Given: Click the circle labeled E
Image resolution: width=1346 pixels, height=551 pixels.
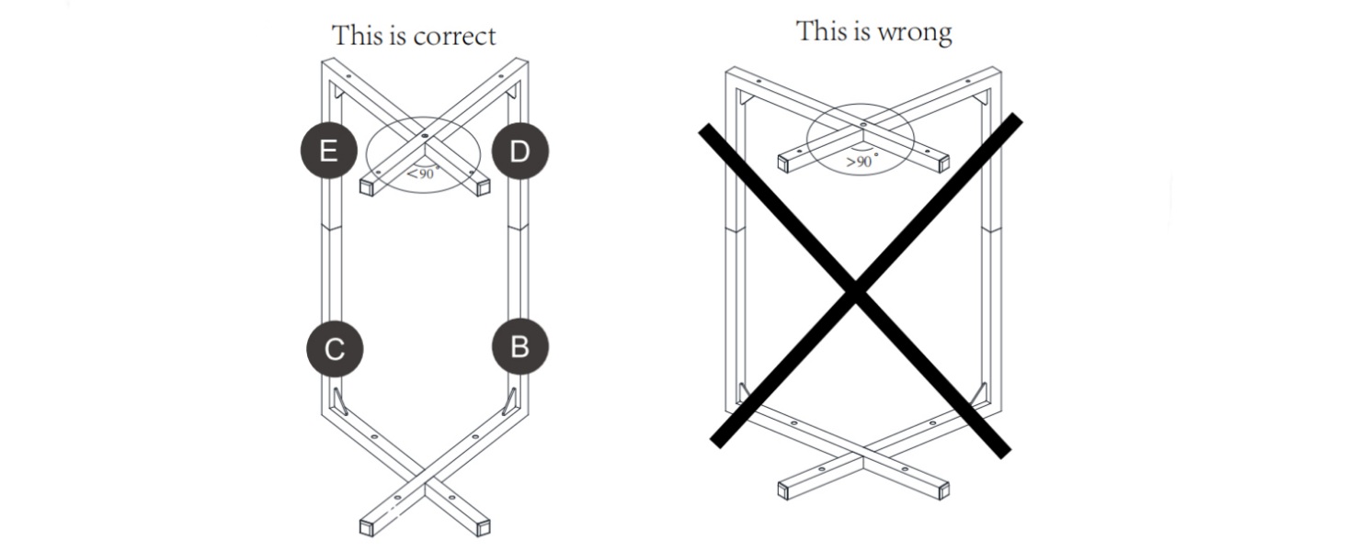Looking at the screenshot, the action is pos(329,150).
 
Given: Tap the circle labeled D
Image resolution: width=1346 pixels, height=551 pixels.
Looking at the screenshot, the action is pos(519,151).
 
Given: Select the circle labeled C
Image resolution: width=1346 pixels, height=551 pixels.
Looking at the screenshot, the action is pos(335,349).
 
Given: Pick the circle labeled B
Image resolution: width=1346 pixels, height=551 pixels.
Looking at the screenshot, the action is pos(519,347).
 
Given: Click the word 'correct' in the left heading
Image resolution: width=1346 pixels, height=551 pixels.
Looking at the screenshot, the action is pos(455,37).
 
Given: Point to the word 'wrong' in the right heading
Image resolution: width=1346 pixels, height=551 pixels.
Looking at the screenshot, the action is pos(914,32).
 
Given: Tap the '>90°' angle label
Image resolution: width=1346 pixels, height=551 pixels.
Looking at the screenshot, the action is pos(861,161).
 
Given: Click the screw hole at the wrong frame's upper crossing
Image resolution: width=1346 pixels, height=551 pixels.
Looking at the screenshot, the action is pos(863,124).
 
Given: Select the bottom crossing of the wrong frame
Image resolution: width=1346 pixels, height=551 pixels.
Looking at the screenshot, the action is pos(863,457).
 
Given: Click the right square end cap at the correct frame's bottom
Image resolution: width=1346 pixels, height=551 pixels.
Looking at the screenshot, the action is pos(483,528).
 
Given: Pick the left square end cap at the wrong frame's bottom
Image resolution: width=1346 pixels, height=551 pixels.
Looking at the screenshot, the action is pos(784,489).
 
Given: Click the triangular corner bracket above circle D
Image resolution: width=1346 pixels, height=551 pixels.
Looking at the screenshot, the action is pos(511,93).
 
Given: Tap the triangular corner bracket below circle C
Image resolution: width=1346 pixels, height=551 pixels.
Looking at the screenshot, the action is pos(338,401).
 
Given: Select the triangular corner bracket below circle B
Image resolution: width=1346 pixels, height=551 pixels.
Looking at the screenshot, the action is pos(509,401).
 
